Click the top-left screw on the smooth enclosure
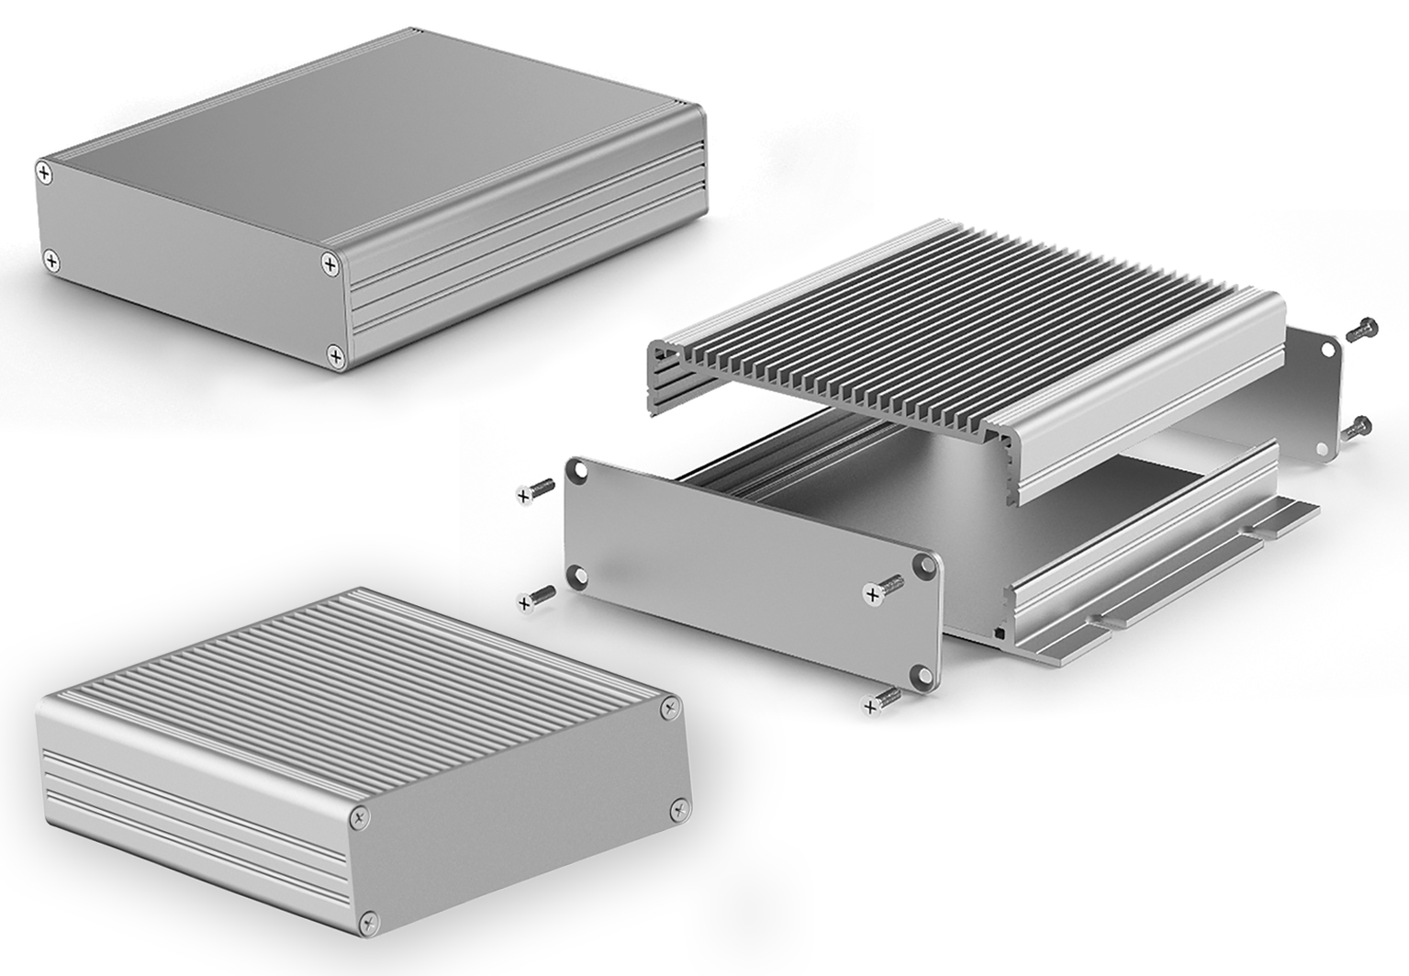pos(44,171)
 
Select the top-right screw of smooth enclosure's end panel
pos(330,264)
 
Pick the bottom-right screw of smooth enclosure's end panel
pos(337,354)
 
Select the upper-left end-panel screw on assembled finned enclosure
pos(359,814)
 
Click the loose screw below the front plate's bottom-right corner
pos(880,701)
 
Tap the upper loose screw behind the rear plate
pos(1360,330)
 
